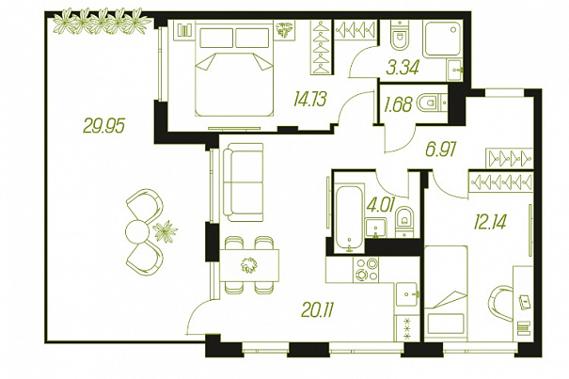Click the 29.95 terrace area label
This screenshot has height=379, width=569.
pyautogui.click(x=103, y=126)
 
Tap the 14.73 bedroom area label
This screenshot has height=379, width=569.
pyautogui.click(x=310, y=99)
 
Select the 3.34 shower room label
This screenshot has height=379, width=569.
pyautogui.click(x=403, y=68)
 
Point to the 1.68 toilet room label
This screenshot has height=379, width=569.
pyautogui.click(x=398, y=104)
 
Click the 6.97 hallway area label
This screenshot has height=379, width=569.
pyautogui.click(x=440, y=150)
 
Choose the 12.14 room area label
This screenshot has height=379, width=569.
pyautogui.click(x=490, y=221)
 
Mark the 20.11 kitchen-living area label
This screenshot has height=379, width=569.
pyautogui.click(x=317, y=310)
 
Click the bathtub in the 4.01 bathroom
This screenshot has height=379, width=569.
pyautogui.click(x=349, y=217)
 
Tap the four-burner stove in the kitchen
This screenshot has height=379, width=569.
pyautogui.click(x=366, y=270)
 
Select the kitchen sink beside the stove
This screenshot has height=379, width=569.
pyautogui.click(x=407, y=294)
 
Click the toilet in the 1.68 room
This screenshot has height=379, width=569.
pyautogui.click(x=429, y=103)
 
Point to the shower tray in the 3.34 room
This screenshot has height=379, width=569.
pyautogui.click(x=442, y=39)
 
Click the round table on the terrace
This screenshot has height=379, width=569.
pyautogui.click(x=137, y=231)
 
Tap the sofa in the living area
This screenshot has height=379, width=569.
pyautogui.click(x=244, y=182)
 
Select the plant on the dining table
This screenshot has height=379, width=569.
pyautogui.click(x=249, y=265)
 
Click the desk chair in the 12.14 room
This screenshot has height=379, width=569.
pyautogui.click(x=500, y=304)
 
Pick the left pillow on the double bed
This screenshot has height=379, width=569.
pyautogui.click(x=216, y=38)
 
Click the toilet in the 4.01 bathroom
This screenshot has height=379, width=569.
pyautogui.click(x=403, y=221)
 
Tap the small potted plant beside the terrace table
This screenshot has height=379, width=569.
pyautogui.click(x=166, y=231)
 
